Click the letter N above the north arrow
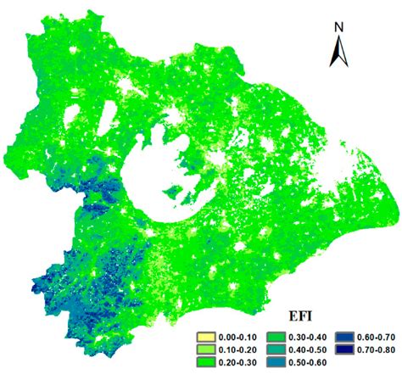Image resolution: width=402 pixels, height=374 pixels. click(338, 26)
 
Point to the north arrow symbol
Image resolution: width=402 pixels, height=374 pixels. click(338, 52)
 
